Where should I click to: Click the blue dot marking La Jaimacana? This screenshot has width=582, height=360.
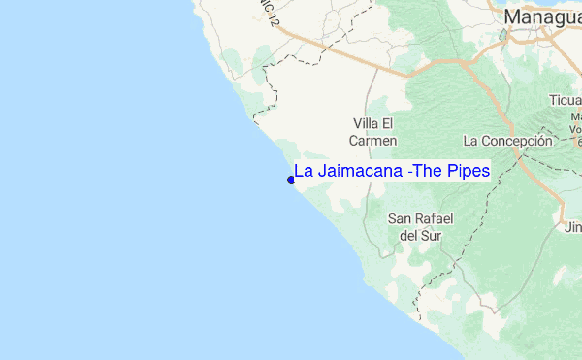(291, 180)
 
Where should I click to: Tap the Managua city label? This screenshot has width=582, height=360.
(541, 16)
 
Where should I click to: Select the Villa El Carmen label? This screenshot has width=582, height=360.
(372, 131)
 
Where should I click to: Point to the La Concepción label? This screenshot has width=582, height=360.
(507, 141)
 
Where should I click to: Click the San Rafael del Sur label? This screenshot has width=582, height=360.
(420, 226)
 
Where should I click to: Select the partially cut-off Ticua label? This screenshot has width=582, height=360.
(566, 100)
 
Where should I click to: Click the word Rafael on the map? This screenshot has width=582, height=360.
(434, 218)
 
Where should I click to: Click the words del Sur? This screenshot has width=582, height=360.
(420, 235)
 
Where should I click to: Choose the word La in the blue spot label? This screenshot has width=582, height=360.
(303, 171)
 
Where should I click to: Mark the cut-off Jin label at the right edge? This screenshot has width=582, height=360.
(572, 227)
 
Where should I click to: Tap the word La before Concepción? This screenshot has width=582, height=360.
(471, 141)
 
